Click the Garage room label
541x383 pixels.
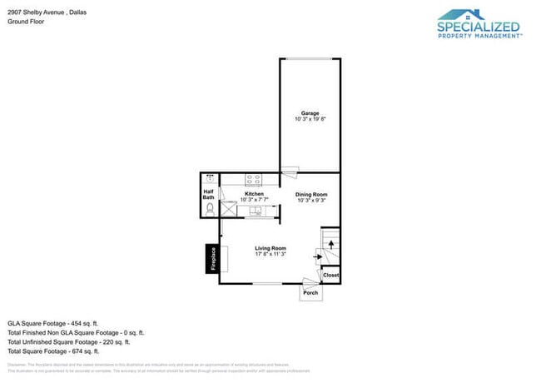310,113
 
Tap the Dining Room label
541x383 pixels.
310,194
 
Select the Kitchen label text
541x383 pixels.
254,194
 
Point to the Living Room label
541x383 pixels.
270,248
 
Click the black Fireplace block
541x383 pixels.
212,259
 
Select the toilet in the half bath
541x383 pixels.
210,208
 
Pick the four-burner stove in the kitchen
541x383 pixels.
254,178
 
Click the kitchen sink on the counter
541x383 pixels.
256,211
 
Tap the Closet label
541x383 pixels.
330,275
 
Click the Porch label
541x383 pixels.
310,293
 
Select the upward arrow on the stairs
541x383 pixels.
331,244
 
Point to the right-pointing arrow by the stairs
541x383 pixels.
317,257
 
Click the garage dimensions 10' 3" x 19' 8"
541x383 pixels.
310,119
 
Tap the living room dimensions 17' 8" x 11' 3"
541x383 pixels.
270,254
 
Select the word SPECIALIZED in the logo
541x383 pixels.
479,27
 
